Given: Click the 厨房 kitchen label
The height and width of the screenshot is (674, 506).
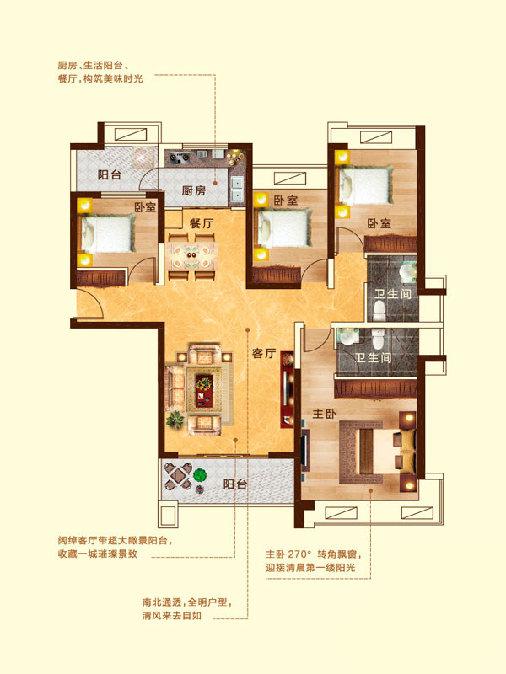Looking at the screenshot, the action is pos(194,190).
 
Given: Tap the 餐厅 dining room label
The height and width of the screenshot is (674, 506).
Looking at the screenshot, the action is pos(202,223).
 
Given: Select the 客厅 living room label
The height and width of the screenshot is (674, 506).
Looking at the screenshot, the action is pos(264,353).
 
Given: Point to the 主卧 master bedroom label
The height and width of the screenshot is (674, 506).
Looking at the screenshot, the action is pos(325,414).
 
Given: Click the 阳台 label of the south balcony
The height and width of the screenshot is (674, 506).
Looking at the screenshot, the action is pos(235,484).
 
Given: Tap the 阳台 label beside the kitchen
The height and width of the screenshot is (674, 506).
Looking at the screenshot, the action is pos(110,174).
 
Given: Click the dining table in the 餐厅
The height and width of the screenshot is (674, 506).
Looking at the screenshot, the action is pos(192,255).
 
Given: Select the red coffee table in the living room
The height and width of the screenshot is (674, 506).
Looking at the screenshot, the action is pos(204,391).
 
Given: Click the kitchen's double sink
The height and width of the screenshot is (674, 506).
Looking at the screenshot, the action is pos(237,189).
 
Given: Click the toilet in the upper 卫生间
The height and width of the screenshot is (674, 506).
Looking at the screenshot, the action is pos(379,310).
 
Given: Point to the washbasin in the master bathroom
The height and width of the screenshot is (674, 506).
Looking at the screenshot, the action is pos(348,336).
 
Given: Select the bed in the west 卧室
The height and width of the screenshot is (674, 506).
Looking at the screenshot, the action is pos(108,233).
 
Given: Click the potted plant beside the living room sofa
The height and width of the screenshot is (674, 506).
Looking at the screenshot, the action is pos(175,420).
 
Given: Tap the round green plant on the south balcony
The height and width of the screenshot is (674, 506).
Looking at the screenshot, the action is pos(200,475).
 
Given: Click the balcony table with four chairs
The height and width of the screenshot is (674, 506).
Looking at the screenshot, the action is pos(179,476).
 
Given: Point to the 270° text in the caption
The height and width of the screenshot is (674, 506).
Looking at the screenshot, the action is pos(299,554).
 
